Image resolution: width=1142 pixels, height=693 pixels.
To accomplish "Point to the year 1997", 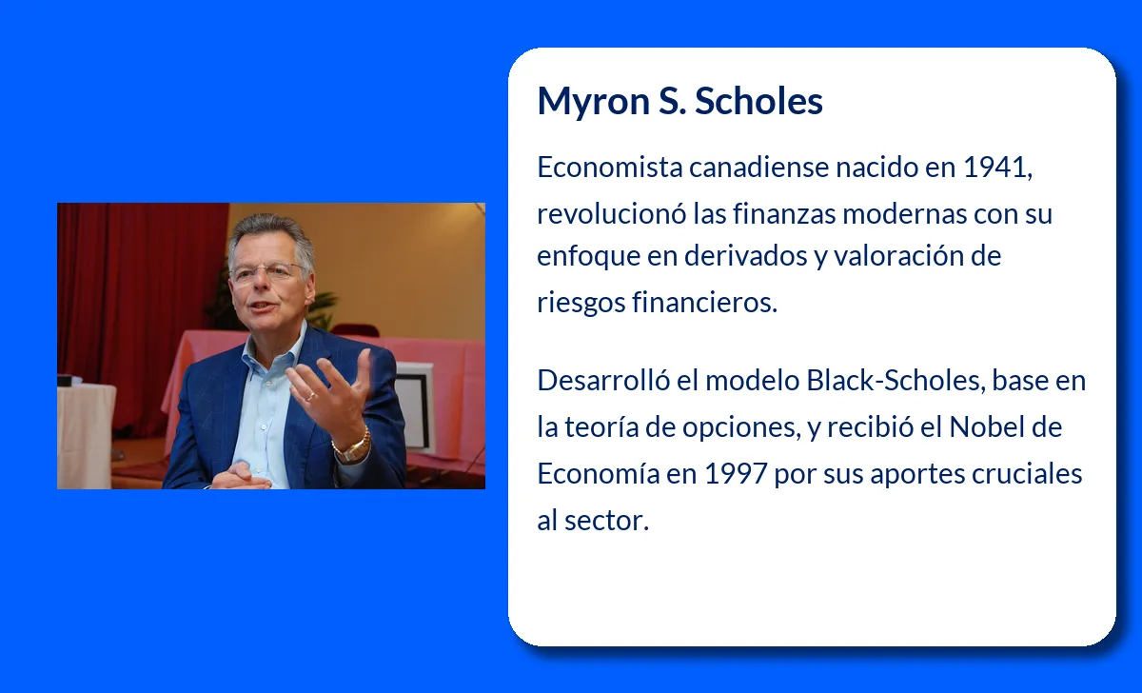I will pyautogui.click(x=735, y=474).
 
